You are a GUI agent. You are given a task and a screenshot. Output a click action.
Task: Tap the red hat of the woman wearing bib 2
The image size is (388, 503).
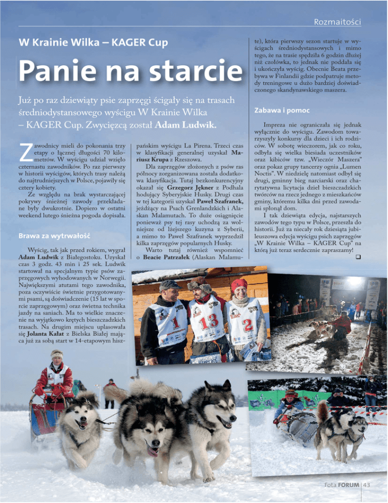pos(239,284)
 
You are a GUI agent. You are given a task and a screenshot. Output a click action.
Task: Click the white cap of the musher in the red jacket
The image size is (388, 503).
pos(56,354)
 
